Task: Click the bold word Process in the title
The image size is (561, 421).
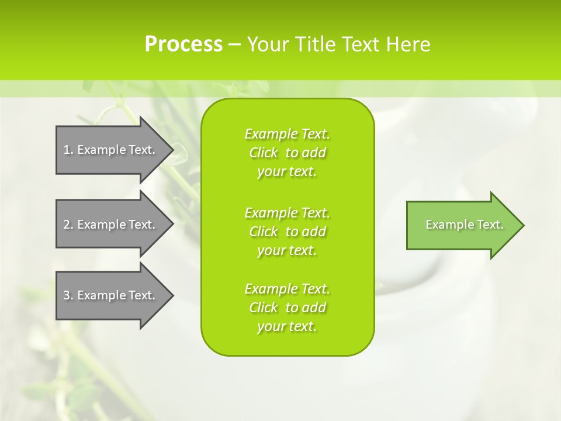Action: tap(183, 44)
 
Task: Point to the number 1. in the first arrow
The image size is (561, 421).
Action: tap(68, 150)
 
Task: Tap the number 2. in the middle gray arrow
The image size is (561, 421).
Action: tap(68, 225)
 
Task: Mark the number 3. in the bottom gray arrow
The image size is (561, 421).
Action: tap(68, 295)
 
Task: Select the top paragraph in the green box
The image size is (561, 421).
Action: tap(287, 153)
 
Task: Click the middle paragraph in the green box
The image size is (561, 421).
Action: tap(287, 231)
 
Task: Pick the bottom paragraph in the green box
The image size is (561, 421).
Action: tap(287, 308)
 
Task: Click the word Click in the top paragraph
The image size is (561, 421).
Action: tap(264, 153)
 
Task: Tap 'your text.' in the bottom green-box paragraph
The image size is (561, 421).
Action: tap(287, 326)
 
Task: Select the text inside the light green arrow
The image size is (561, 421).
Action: tap(464, 225)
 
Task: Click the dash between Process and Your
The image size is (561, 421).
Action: tap(234, 45)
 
